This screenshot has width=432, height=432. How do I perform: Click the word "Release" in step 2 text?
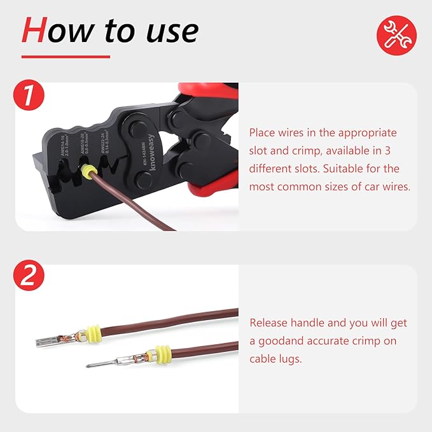[x=270, y=323]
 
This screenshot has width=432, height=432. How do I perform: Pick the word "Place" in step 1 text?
[x=263, y=133]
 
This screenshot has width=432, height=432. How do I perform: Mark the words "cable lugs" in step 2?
[x=275, y=359]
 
